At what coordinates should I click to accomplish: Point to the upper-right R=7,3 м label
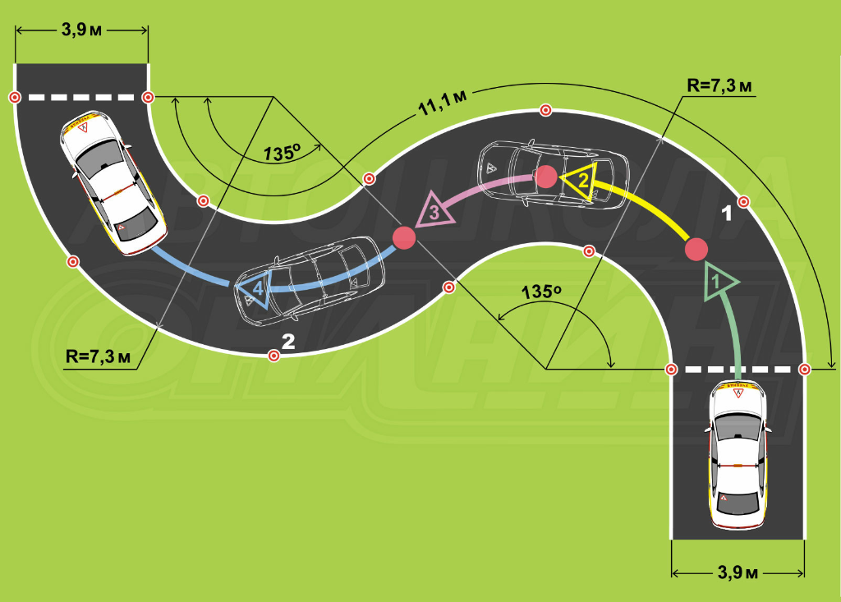(x=720, y=85)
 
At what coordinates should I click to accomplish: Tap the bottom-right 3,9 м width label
(x=738, y=572)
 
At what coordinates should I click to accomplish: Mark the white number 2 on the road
(x=288, y=342)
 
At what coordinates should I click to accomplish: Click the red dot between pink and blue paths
(x=404, y=238)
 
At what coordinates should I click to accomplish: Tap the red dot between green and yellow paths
(x=696, y=248)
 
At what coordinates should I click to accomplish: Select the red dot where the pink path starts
(x=545, y=175)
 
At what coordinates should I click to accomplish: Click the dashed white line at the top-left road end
(x=81, y=98)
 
